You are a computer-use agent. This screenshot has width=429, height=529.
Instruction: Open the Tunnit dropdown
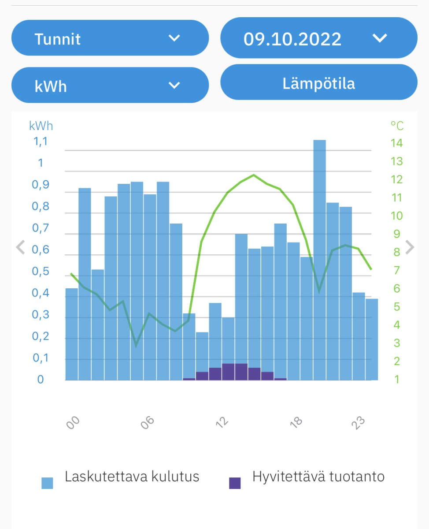[110, 38]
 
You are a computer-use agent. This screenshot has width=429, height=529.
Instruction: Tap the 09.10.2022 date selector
[318, 38]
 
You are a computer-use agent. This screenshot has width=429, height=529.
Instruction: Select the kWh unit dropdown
[110, 86]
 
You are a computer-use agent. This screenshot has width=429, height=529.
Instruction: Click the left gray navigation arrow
[20, 247]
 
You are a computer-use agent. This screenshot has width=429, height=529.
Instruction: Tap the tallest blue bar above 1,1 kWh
[319, 260]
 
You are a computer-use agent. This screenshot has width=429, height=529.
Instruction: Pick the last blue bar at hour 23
[372, 339]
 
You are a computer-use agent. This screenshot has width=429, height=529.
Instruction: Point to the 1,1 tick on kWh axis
[40, 142]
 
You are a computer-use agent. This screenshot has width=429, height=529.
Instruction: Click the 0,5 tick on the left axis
[40, 272]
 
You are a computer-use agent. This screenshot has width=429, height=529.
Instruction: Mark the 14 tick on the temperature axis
[396, 143]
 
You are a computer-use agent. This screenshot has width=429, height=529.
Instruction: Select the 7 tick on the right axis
[396, 270]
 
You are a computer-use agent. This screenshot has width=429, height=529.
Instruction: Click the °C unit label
[396, 126]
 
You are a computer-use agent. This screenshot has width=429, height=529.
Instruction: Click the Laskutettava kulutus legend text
[132, 477]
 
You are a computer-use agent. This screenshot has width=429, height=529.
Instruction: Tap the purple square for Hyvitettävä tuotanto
[235, 483]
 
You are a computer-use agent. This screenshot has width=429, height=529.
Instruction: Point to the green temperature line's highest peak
[254, 175]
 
